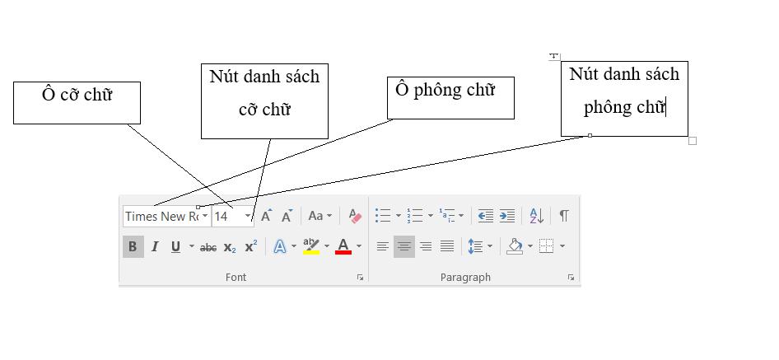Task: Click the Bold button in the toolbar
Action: (133, 246)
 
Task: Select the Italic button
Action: (154, 246)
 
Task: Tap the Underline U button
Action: (175, 246)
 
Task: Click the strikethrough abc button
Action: (208, 246)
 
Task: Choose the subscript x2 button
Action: (230, 246)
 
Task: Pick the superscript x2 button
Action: (251, 245)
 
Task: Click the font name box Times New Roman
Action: (162, 216)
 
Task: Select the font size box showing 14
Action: (227, 216)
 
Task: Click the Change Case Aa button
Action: (315, 216)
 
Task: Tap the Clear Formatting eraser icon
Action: (355, 216)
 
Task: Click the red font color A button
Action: (343, 246)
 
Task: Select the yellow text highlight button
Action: (310, 246)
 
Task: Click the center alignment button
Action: (404, 246)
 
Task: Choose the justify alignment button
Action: (447, 246)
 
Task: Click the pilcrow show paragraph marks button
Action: (564, 216)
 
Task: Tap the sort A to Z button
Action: (535, 216)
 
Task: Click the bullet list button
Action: (383, 216)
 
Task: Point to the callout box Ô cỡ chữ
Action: (77, 102)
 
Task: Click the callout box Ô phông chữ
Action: (450, 97)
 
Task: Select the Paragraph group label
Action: (465, 278)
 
